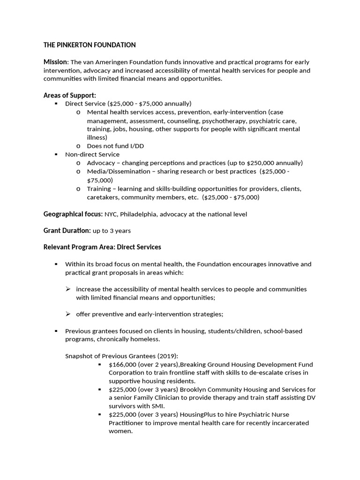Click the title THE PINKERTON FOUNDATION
click(90, 45)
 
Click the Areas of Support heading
click(70, 95)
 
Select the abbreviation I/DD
click(135, 146)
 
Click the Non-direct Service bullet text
click(92, 154)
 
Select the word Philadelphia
click(141, 214)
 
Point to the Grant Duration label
click(67, 231)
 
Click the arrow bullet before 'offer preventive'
click(68, 314)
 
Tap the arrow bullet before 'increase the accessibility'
click(68, 289)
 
